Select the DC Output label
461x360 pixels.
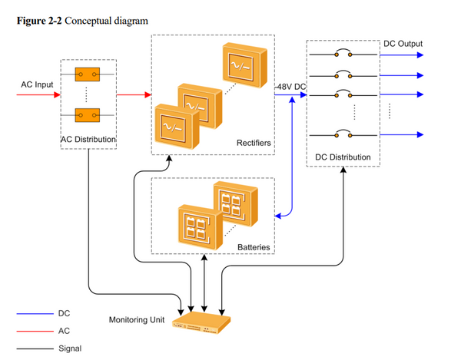pos(403,44)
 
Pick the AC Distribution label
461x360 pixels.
pos(88,140)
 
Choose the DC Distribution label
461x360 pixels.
pos(343,157)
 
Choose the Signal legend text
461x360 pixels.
pos(69,348)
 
